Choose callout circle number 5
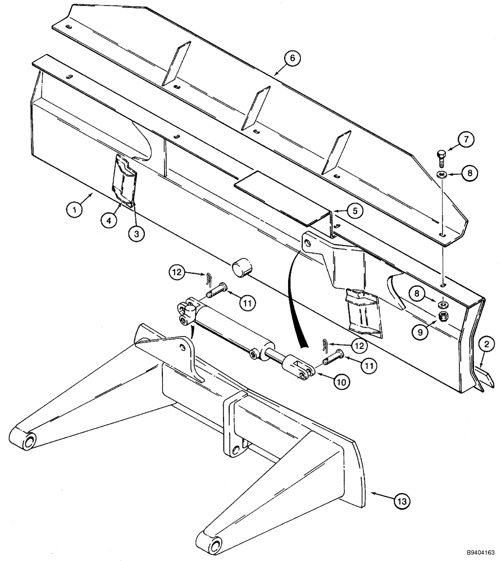pos(354,211)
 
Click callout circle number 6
pos(292,58)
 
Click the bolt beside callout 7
pos(441,158)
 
